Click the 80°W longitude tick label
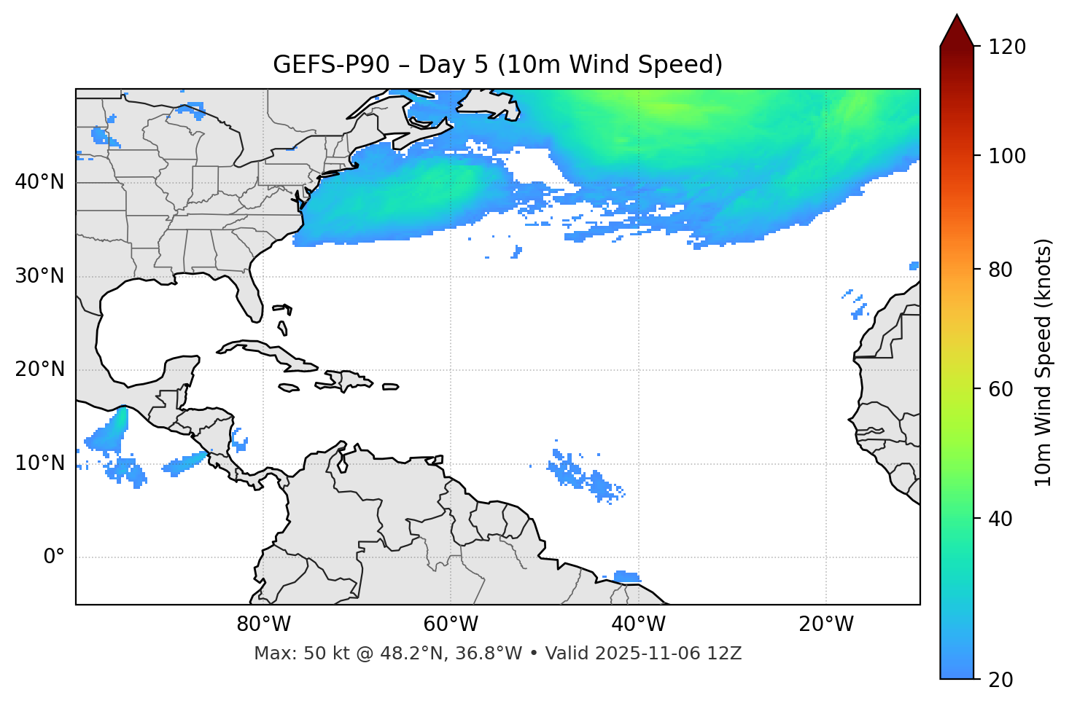(263, 624)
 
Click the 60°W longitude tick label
(451, 624)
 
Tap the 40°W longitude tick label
(638, 624)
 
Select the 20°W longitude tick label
(825, 624)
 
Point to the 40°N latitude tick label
(39, 182)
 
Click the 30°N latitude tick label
(39, 276)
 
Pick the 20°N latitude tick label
(39, 369)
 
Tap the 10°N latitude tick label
(39, 463)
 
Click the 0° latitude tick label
(54, 557)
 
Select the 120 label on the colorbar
(1007, 47)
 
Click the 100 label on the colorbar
(1007, 156)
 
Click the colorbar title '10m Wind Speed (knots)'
(1043, 362)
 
